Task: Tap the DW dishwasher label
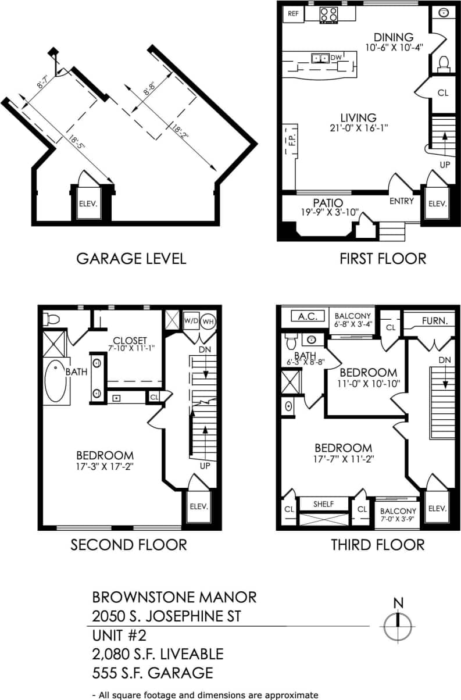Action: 335,58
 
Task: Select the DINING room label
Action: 394,37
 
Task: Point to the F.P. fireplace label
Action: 292,141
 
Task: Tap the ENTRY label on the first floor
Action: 402,201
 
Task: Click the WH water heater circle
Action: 208,320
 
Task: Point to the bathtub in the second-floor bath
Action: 55,381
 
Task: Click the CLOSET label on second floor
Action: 130,340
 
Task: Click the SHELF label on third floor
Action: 323,504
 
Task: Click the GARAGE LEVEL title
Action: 131,259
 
